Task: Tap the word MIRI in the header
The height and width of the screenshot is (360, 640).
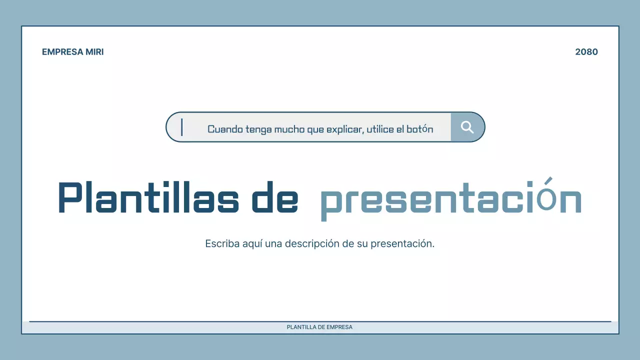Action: pyautogui.click(x=95, y=52)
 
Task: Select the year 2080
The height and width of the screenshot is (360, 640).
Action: pyautogui.click(x=586, y=52)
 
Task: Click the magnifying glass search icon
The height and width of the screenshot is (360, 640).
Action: pyautogui.click(x=467, y=127)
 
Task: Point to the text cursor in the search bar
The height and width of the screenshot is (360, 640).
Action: pyautogui.click(x=182, y=127)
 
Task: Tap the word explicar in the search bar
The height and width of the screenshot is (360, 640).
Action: pyautogui.click(x=344, y=129)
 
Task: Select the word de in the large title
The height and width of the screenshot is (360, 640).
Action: pyautogui.click(x=274, y=198)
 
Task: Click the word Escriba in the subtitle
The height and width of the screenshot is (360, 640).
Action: pyautogui.click(x=221, y=244)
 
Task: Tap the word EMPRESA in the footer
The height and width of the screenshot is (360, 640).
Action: pyautogui.click(x=339, y=327)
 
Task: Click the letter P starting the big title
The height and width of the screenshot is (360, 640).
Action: pyautogui.click(x=70, y=198)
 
